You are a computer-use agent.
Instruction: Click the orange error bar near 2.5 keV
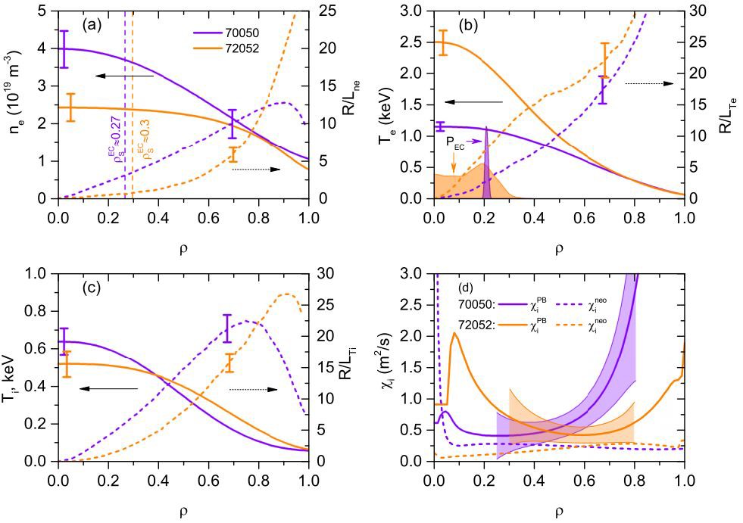(x=443, y=42)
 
